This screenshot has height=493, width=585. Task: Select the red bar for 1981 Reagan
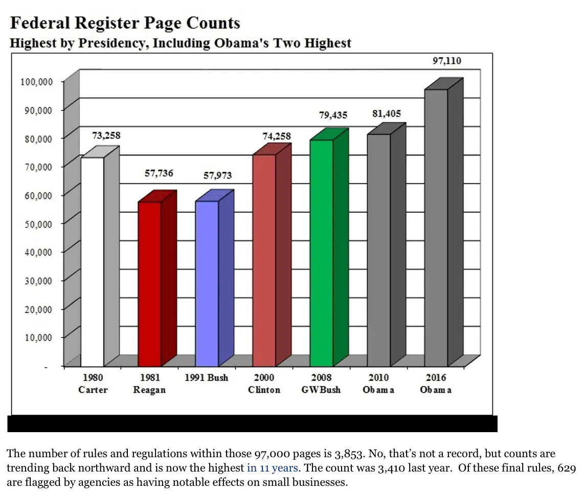point(149,284)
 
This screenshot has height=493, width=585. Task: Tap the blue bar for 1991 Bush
point(207,284)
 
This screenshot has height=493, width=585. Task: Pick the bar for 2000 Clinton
point(264,260)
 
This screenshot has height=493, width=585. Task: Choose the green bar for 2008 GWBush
point(321,253)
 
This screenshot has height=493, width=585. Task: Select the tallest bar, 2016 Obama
point(436,228)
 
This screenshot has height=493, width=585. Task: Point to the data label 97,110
point(446,61)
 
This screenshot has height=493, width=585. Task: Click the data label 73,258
point(106,136)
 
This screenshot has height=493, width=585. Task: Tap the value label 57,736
point(160,174)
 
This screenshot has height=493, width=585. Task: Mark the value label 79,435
point(333,115)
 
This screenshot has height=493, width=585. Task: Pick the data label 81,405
point(387,114)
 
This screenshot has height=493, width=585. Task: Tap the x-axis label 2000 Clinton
point(264,384)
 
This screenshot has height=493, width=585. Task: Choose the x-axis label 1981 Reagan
point(150,384)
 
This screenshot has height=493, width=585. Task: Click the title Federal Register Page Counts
point(125,23)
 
